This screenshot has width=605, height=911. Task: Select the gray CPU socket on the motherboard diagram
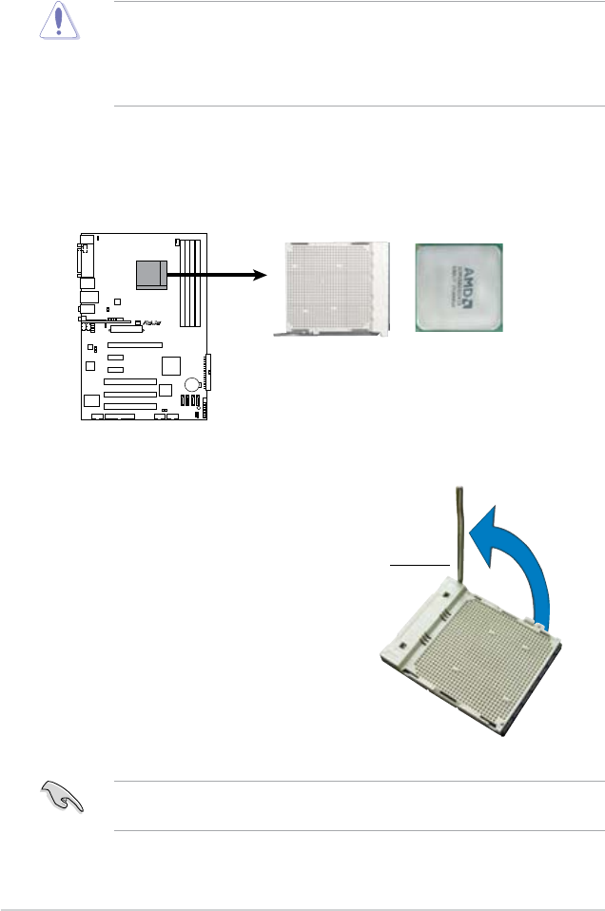tap(150, 273)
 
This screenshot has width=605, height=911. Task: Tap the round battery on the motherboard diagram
tap(192, 385)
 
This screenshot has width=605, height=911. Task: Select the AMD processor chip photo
tap(460, 287)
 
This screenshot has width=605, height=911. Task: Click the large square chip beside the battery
tap(171, 366)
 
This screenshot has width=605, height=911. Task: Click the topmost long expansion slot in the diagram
tap(135, 343)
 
